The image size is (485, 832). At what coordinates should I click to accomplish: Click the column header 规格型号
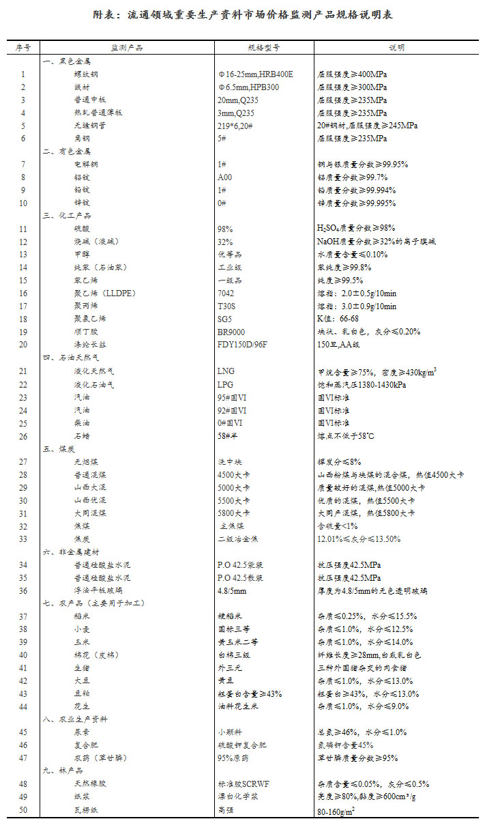(263, 48)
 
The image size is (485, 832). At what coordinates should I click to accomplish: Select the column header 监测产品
(127, 48)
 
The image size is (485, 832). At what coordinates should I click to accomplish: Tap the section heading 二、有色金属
(66, 152)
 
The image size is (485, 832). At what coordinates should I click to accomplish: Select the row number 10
(23, 203)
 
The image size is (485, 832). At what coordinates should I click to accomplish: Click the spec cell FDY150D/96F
(243, 345)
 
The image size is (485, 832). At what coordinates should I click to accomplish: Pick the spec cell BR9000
(231, 332)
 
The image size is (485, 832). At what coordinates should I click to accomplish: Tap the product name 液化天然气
(94, 371)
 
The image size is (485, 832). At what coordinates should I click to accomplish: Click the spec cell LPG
(225, 385)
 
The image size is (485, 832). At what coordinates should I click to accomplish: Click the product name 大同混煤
(90, 513)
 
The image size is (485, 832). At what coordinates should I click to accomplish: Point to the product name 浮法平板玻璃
(99, 590)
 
